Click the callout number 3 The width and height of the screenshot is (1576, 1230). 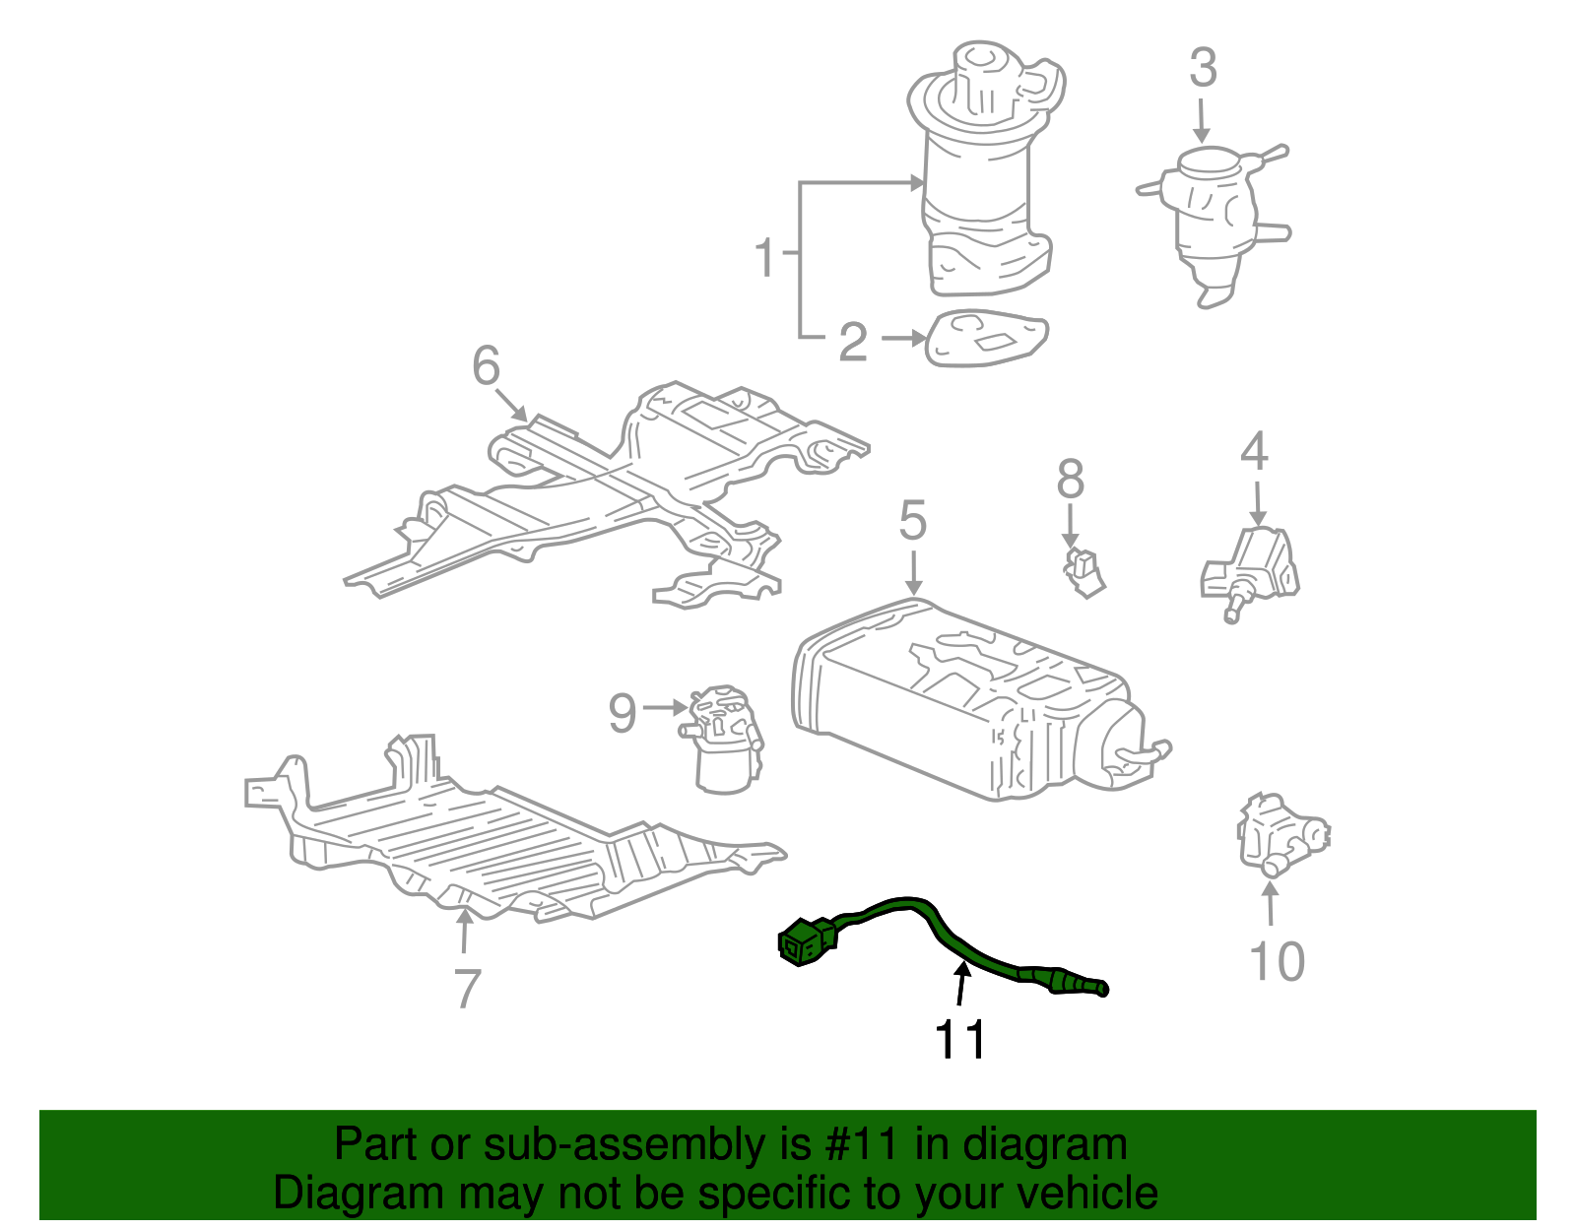click(x=1203, y=69)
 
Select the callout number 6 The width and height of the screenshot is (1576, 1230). click(x=486, y=366)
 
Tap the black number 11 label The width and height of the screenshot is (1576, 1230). click(x=960, y=1040)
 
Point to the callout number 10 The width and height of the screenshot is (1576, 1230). click(x=1277, y=961)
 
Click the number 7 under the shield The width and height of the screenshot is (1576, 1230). click(x=467, y=988)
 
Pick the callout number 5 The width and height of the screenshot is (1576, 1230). click(x=913, y=521)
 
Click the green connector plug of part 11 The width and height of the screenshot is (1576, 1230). click(x=806, y=940)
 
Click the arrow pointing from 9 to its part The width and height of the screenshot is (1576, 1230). click(x=665, y=707)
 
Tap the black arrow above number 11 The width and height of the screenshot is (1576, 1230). click(x=960, y=985)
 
